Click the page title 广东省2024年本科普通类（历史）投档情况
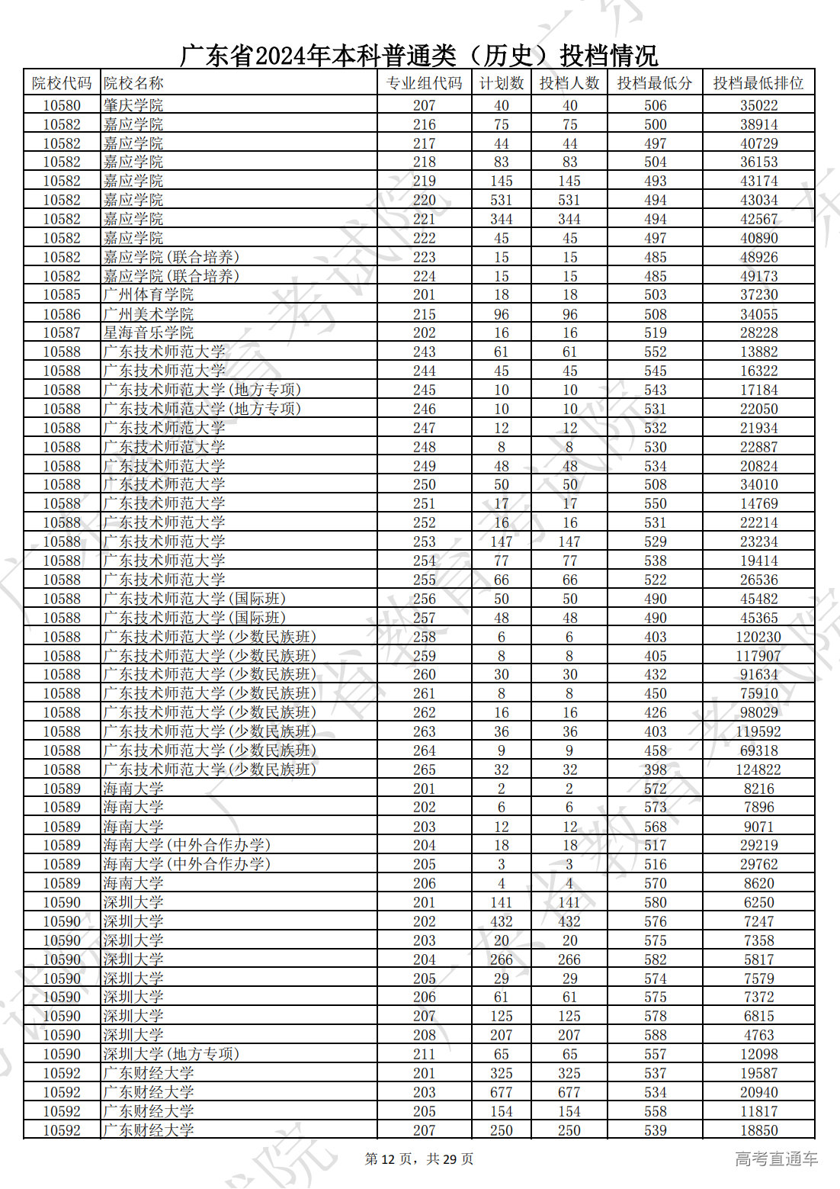click(418, 55)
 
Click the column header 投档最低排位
click(758, 83)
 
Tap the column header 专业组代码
click(424, 83)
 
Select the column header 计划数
click(501, 83)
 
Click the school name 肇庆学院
click(133, 105)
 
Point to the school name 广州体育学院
click(149, 294)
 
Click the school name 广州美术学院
click(149, 313)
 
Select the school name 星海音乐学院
click(149, 333)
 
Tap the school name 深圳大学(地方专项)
click(172, 1054)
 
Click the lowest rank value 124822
click(758, 770)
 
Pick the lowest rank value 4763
click(758, 1035)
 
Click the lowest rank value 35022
click(758, 105)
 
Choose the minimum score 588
click(655, 1035)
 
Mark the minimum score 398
click(655, 770)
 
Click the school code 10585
click(62, 294)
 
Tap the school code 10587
click(62, 333)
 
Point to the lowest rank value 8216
click(758, 789)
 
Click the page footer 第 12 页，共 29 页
click(419, 1159)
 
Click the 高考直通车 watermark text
click(776, 1159)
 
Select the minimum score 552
click(655, 352)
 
